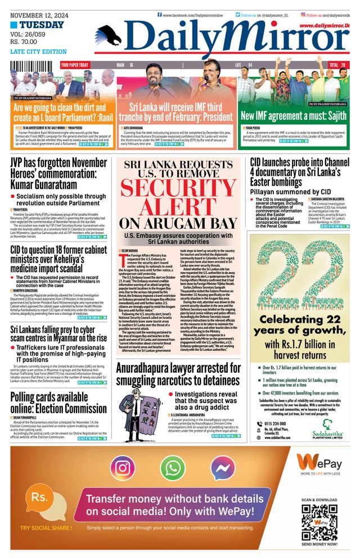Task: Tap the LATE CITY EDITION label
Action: click(38, 52)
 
